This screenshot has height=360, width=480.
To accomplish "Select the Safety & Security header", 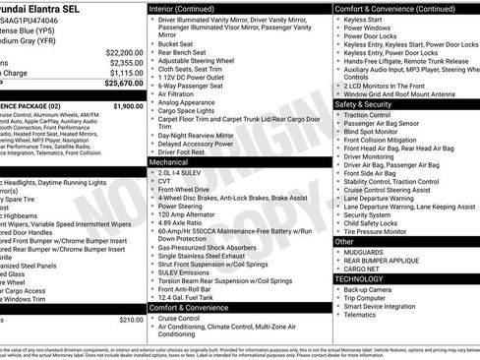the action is [363, 103].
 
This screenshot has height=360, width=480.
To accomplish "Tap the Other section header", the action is [344, 241].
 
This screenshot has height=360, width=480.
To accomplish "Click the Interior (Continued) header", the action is [188, 7].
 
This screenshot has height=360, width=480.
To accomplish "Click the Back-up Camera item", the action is [373, 290].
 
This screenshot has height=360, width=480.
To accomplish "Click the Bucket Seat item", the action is [177, 43].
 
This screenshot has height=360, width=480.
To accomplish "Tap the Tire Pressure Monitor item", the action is [380, 232].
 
